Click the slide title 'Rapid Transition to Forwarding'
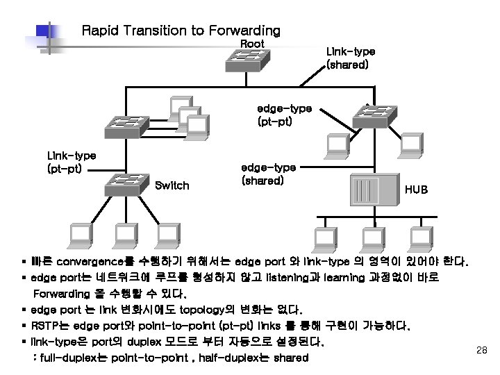point(181,31)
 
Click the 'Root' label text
point(252,44)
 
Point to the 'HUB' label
point(416,189)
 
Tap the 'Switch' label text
point(172,185)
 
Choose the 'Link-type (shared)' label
point(351,58)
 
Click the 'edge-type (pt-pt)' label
point(284,115)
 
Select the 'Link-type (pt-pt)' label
point(71,161)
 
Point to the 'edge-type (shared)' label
point(268,174)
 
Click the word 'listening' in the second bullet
point(292,278)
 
